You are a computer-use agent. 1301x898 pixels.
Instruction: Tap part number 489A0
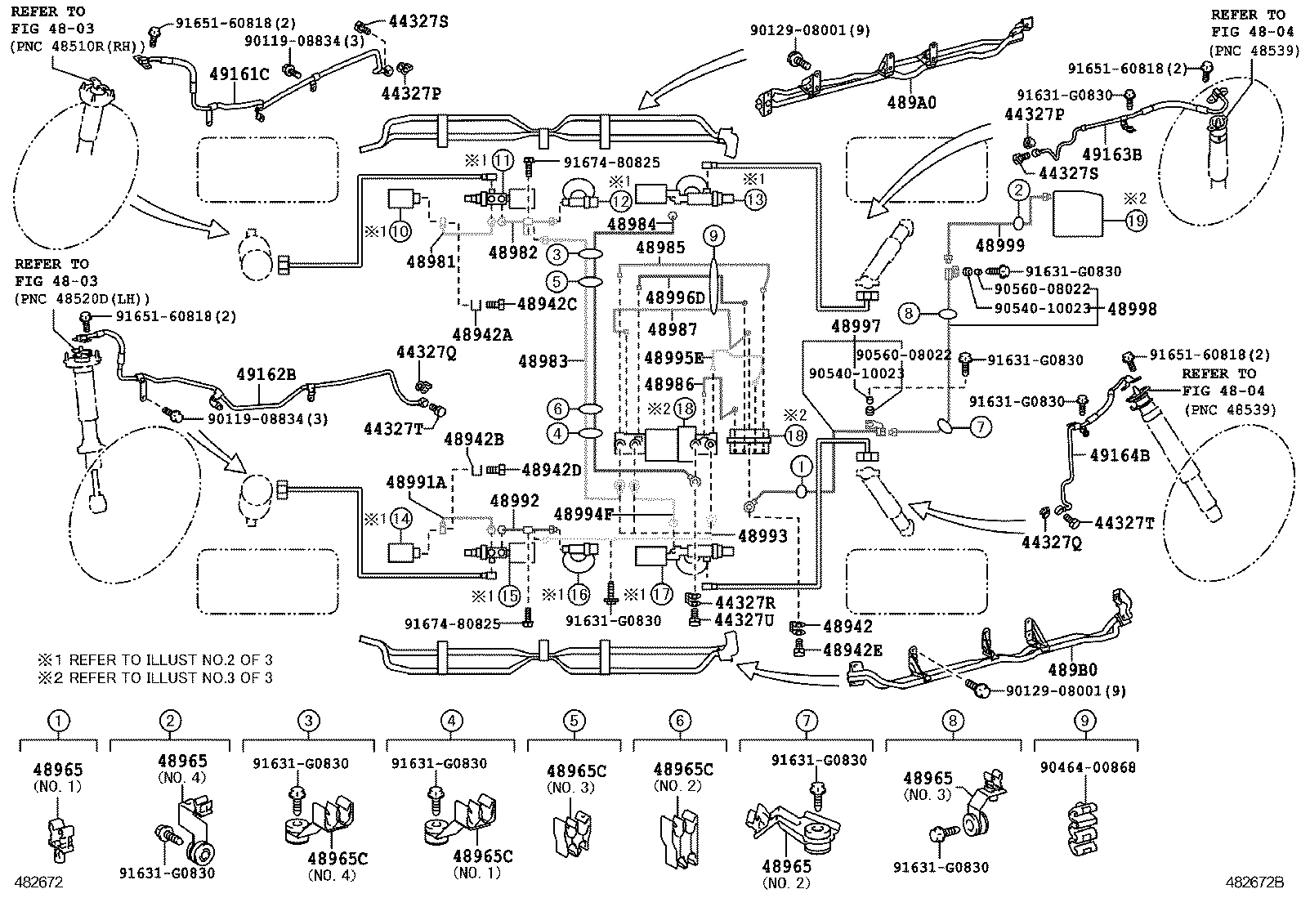pyautogui.click(x=911, y=102)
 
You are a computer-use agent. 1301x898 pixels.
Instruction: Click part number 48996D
pyautogui.click(x=674, y=298)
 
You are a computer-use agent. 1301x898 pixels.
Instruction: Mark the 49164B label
pyautogui.click(x=1120, y=455)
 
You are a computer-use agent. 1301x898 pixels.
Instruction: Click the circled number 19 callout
pyautogui.click(x=1136, y=221)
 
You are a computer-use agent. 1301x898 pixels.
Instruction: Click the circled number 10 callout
pyautogui.click(x=400, y=231)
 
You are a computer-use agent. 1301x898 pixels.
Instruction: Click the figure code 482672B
pyautogui.click(x=1254, y=882)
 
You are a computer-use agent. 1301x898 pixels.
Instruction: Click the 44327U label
pyautogui.click(x=744, y=621)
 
